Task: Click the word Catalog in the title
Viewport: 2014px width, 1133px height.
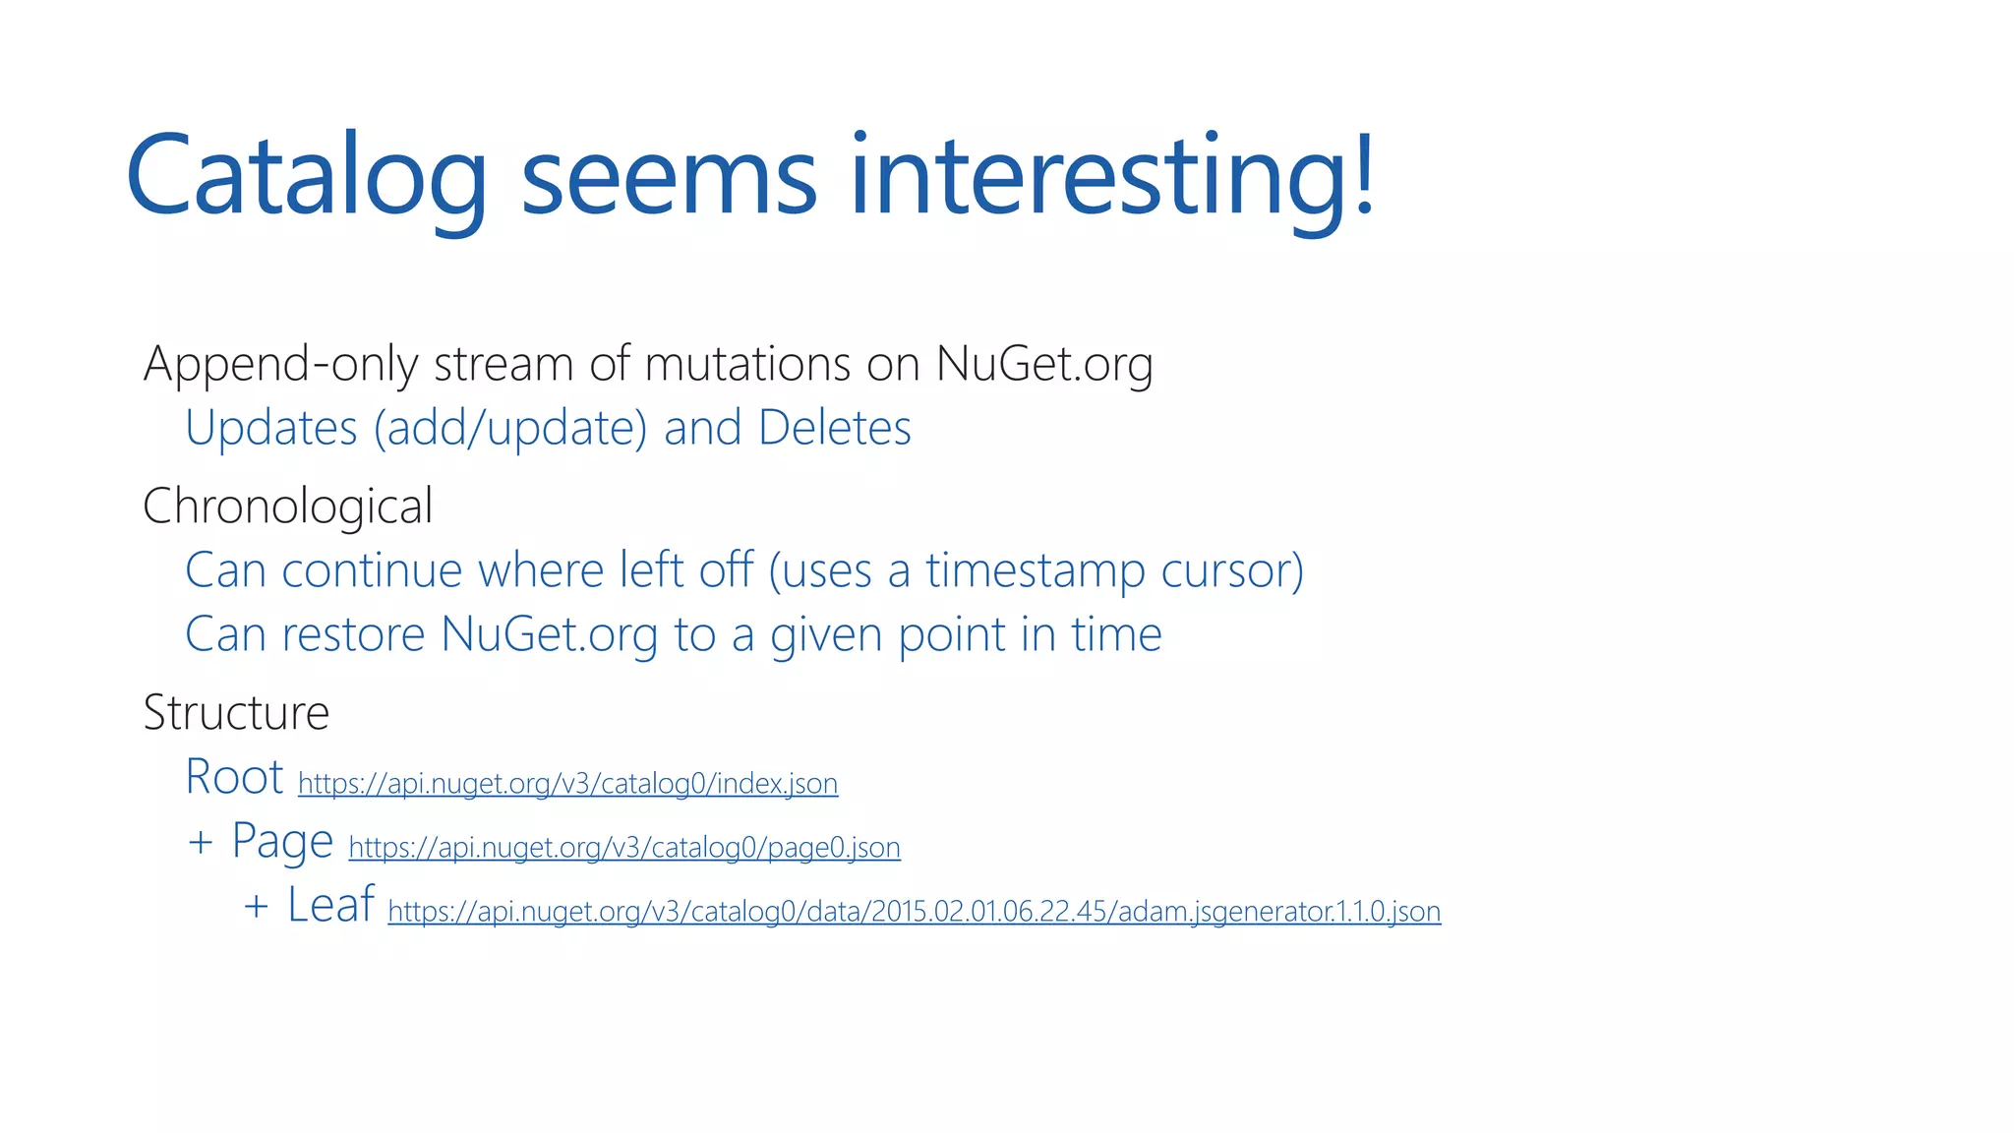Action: pos(306,177)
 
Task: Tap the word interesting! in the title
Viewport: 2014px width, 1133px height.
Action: pos(1111,177)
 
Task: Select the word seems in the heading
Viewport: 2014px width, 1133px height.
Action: pos(668,177)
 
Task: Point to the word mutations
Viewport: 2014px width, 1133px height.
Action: pos(747,365)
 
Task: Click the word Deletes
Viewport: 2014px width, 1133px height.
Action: pos(835,429)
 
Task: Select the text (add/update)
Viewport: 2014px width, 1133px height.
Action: pos(509,429)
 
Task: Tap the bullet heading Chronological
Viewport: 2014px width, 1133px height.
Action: pos(287,507)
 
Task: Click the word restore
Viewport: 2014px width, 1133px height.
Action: pos(354,635)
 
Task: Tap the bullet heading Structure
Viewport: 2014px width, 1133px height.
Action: pos(236,713)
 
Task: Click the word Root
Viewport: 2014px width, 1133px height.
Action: pos(234,777)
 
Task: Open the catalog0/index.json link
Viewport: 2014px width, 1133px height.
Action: pos(567,784)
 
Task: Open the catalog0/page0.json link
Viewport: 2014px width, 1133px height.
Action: pos(624,848)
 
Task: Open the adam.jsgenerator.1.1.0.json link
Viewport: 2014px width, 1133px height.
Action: pos(914,912)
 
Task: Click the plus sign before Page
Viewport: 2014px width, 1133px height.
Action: pos(201,843)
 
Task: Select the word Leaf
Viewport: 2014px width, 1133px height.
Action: pos(330,905)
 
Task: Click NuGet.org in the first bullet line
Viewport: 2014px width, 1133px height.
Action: pos(1043,365)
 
